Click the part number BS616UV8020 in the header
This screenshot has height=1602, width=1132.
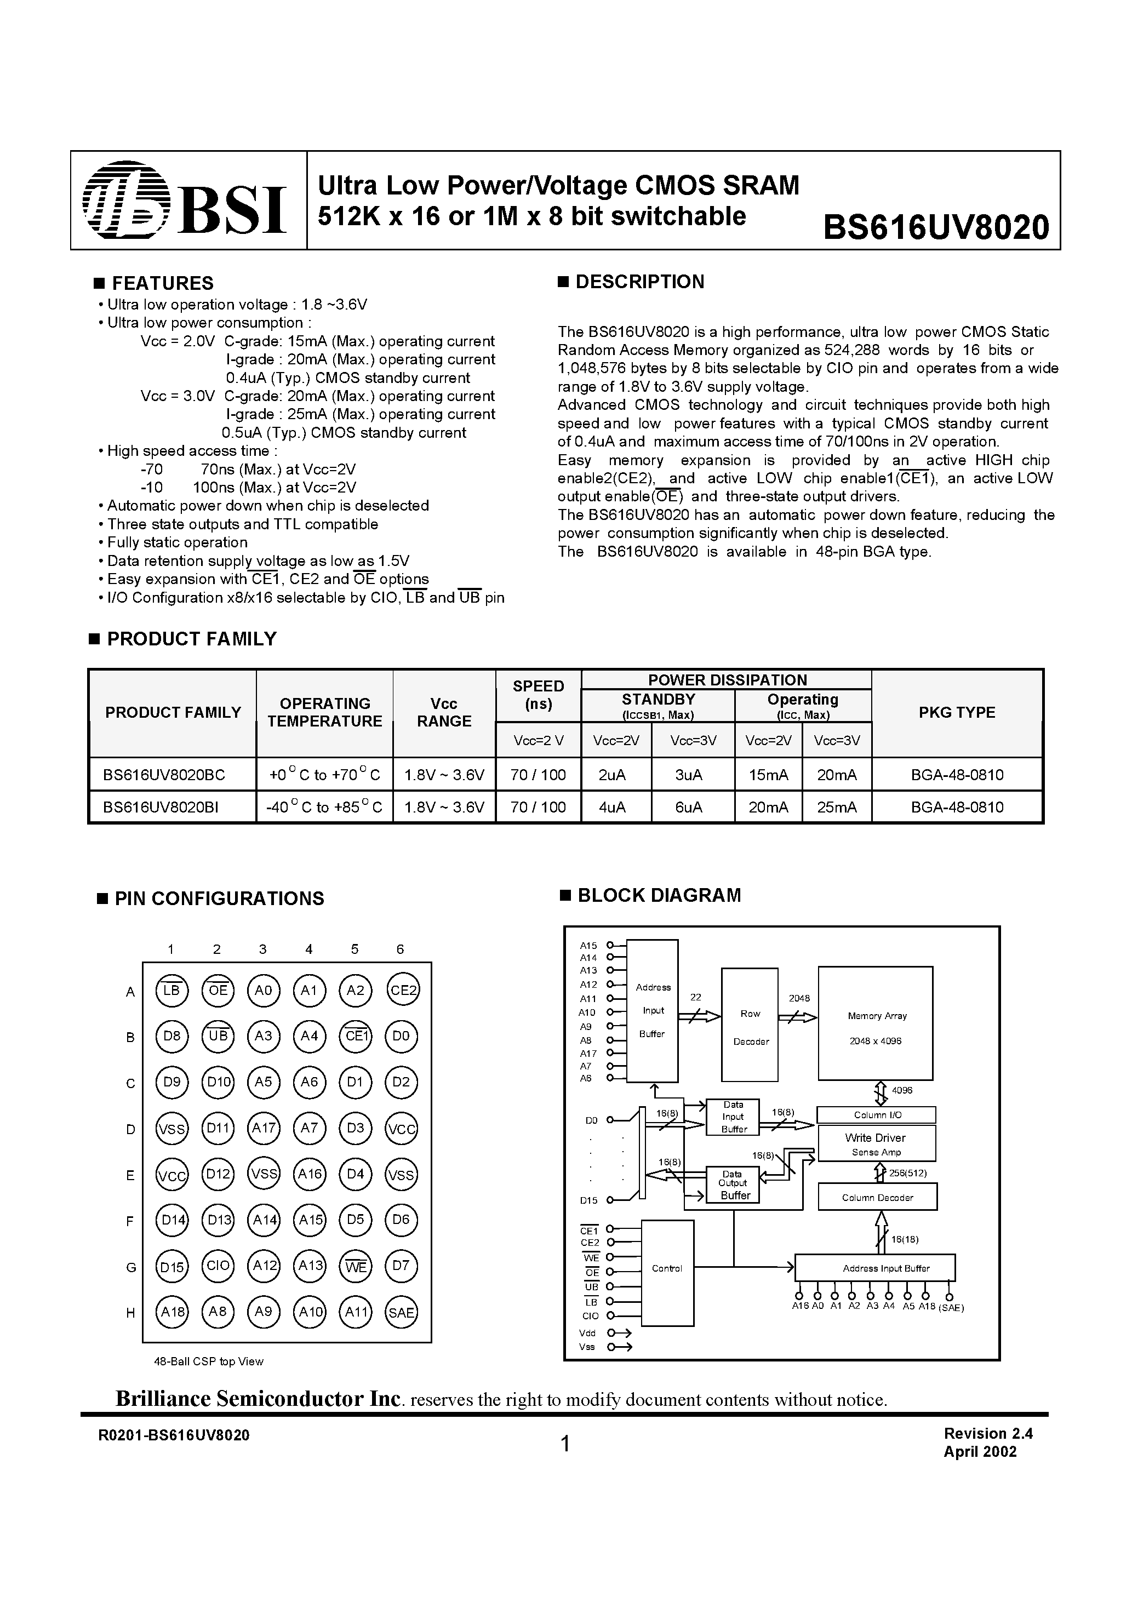pyautogui.click(x=936, y=227)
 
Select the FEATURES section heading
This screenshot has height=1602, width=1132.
pyautogui.click(x=162, y=283)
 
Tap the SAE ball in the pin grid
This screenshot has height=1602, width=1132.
pyautogui.click(x=401, y=1312)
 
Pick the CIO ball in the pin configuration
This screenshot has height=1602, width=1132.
pyautogui.click(x=218, y=1266)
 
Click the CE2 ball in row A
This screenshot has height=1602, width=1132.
pyautogui.click(x=403, y=990)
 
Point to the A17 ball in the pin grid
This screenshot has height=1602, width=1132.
pyautogui.click(x=264, y=1128)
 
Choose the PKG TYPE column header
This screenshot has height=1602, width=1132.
pyautogui.click(x=957, y=712)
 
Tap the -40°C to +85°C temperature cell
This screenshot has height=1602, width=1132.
pyautogui.click(x=324, y=807)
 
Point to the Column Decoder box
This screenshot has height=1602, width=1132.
pyautogui.click(x=877, y=1197)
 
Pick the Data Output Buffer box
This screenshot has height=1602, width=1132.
pyautogui.click(x=733, y=1185)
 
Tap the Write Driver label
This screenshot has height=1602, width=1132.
pyautogui.click(x=875, y=1138)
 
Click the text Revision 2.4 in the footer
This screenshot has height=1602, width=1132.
pyautogui.click(x=987, y=1434)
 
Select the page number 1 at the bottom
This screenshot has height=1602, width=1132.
pyautogui.click(x=565, y=1444)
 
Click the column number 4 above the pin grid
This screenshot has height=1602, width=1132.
pyautogui.click(x=308, y=949)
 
